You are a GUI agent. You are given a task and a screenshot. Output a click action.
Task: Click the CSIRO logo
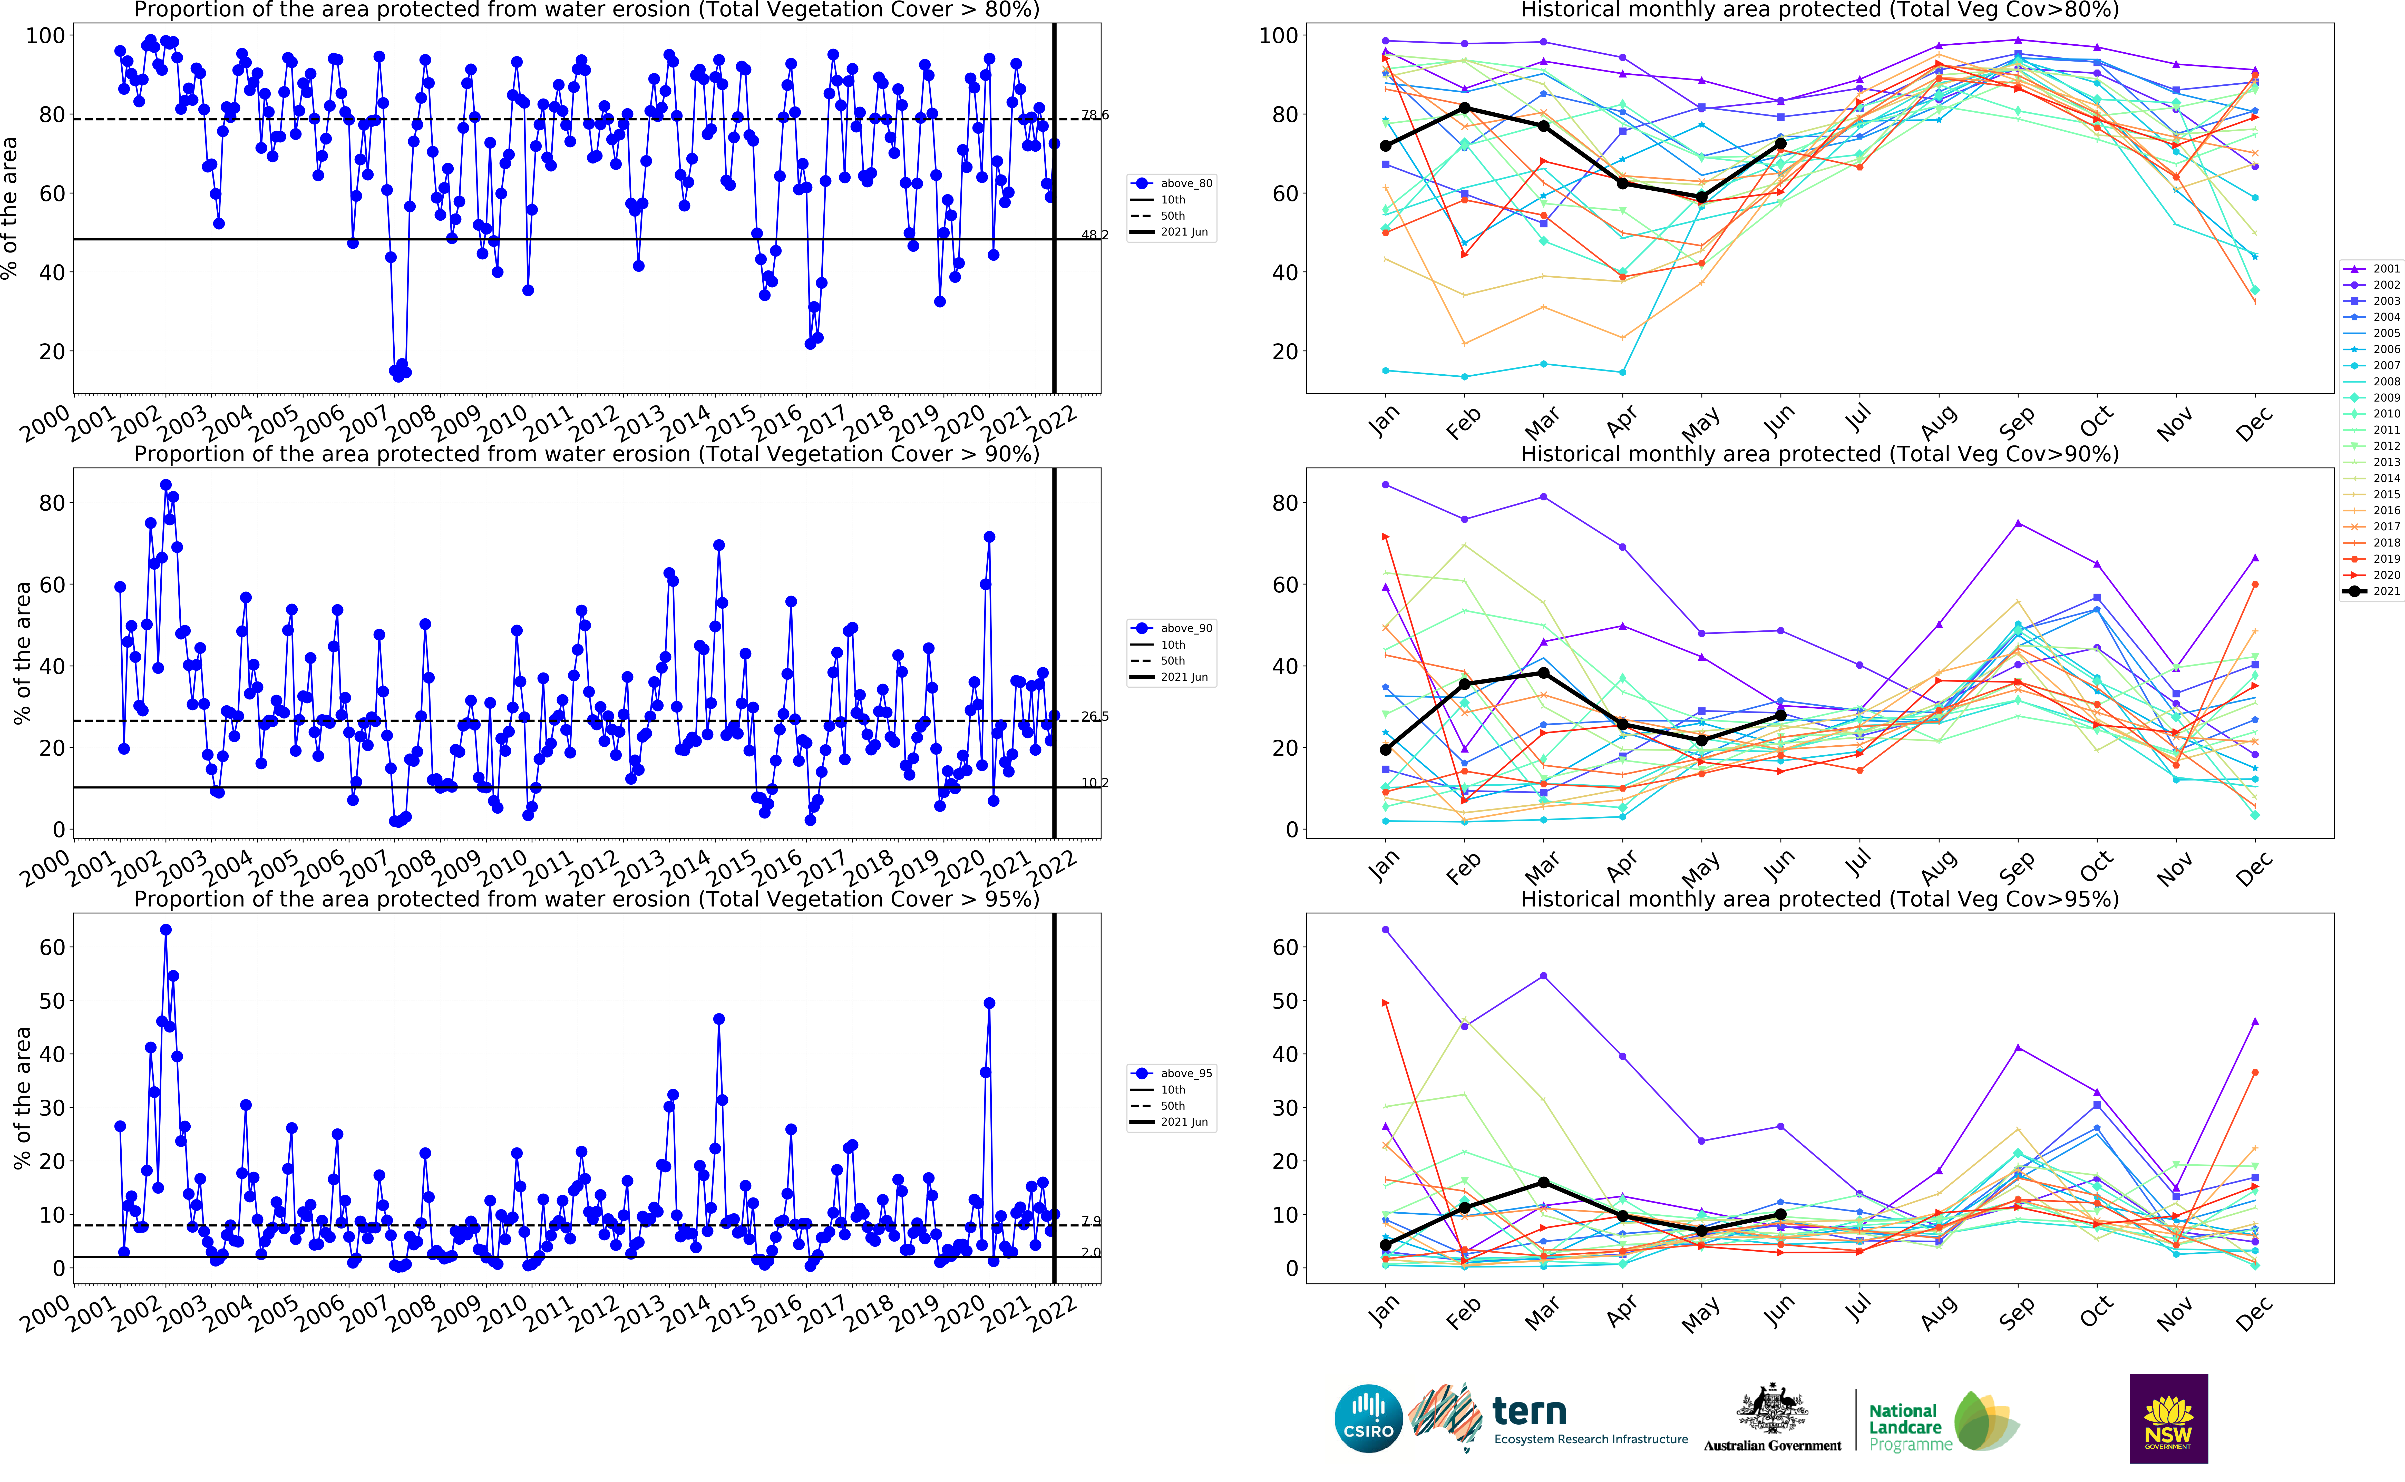click(1368, 1418)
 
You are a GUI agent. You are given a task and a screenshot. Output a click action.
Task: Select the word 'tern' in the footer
click(1529, 1411)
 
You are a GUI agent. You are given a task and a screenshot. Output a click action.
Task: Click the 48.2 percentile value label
click(1095, 235)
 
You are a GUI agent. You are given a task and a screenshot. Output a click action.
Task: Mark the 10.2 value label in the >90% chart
click(1095, 782)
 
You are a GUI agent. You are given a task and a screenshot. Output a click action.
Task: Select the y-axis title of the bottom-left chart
click(22, 1098)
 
